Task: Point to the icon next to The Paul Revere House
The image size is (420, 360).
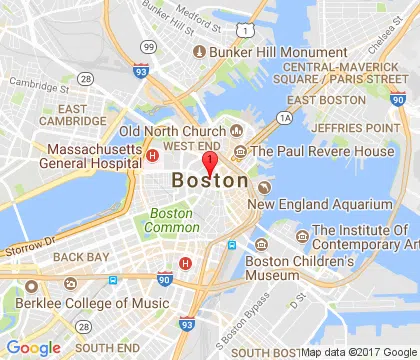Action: coord(240,151)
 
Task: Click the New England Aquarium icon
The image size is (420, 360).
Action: coord(264,186)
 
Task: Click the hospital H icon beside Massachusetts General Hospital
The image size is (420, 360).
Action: coord(152,155)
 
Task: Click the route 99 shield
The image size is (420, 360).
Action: coord(148,46)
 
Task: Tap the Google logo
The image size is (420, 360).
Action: coord(34,347)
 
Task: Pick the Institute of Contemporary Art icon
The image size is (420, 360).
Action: coord(301,236)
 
